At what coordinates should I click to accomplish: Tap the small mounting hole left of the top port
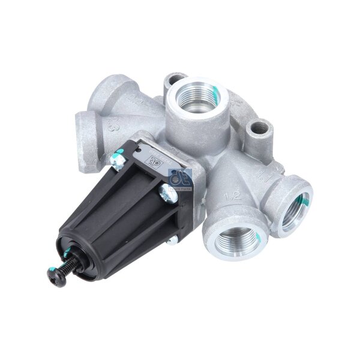pyautogui.click(x=173, y=79)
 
